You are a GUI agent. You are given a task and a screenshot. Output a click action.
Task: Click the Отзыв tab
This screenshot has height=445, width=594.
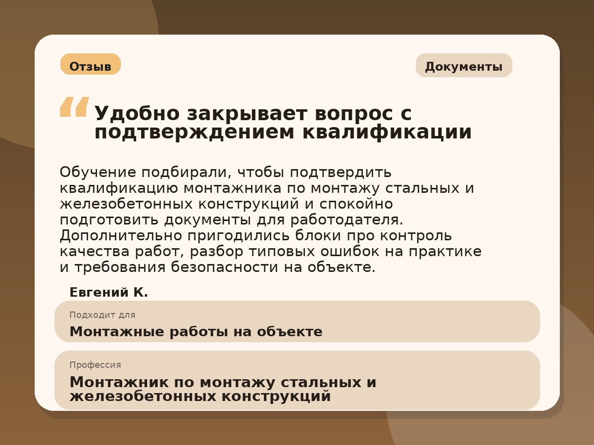coord(90,66)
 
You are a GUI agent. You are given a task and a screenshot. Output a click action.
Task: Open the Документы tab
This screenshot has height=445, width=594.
coord(463,66)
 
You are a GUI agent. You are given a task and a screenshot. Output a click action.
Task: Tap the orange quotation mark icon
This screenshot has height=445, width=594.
coord(74,107)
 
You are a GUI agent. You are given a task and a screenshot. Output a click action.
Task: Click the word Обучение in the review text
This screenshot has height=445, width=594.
coord(98,173)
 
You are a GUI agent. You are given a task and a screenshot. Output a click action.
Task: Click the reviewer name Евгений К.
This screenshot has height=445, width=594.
coord(109,292)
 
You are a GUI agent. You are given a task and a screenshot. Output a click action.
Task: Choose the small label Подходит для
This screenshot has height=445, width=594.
coord(102,315)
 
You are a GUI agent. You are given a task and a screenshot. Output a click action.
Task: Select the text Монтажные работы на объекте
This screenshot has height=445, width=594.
coord(196,332)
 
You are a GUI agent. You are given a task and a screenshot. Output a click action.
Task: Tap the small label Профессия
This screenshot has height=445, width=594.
coord(95,365)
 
